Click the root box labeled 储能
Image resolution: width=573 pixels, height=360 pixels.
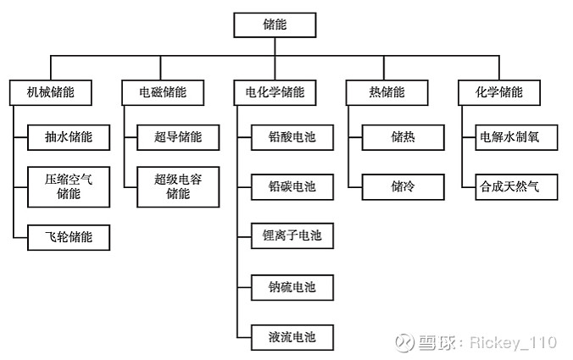coord(275,25)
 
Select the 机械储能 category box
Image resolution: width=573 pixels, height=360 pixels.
coord(51,92)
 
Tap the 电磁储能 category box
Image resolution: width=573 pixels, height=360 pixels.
coord(163,92)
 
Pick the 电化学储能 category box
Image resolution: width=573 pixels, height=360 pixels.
coord(275,92)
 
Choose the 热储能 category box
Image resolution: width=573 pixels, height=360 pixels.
coord(387,92)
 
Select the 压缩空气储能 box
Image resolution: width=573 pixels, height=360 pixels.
coord(69,186)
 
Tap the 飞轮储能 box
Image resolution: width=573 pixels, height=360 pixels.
coord(69,237)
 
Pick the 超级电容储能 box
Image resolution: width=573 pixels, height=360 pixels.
coord(178,186)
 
